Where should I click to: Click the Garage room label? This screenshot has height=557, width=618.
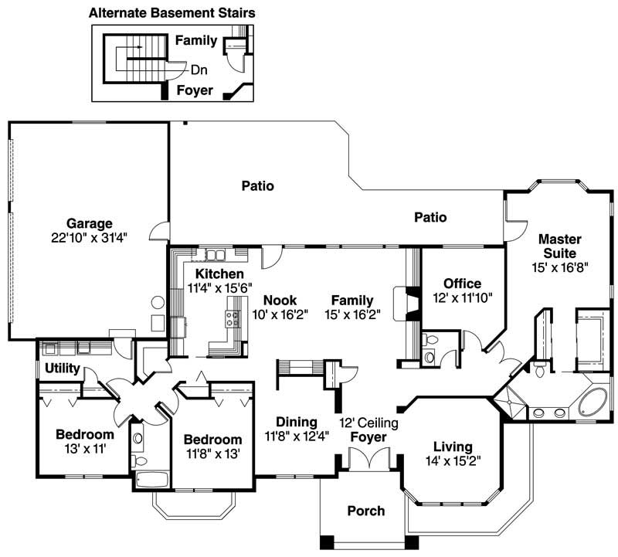click(x=89, y=224)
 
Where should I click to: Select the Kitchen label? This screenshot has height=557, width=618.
click(x=219, y=274)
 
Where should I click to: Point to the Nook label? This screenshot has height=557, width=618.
click(x=279, y=301)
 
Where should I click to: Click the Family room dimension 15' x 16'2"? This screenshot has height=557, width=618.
click(x=352, y=314)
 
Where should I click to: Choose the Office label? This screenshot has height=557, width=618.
click(x=462, y=284)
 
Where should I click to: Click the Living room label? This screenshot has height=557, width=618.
click(x=452, y=447)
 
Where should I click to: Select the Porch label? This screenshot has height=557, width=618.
click(x=365, y=511)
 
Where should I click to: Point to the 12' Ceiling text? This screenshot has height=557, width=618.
click(x=369, y=423)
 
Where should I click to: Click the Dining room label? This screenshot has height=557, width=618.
click(x=297, y=422)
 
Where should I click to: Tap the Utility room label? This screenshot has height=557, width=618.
click(x=61, y=369)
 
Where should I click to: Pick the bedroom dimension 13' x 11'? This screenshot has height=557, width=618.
click(x=85, y=448)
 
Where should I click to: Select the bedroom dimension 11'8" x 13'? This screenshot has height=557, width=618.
click(x=212, y=453)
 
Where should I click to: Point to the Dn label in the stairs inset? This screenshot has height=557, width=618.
click(x=199, y=70)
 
